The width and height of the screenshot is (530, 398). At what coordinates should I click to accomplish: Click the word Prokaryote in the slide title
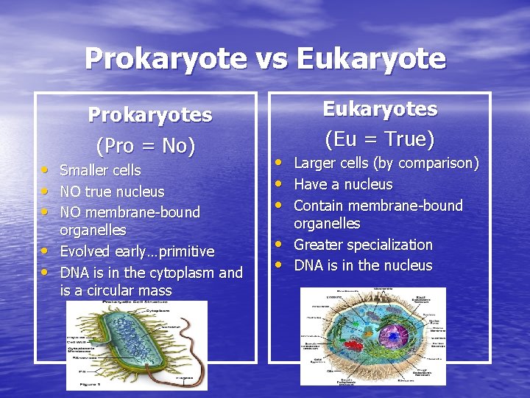pos(166,58)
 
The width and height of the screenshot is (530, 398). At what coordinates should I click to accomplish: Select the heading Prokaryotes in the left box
pos(150,115)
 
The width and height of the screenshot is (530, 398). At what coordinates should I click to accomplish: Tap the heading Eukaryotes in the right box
pos(381,109)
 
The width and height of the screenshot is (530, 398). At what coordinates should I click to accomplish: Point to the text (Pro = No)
pos(146,146)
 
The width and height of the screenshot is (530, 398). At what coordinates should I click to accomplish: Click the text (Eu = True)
pos(380,139)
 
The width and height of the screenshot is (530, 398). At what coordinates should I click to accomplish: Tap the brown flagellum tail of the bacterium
pos(180,369)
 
